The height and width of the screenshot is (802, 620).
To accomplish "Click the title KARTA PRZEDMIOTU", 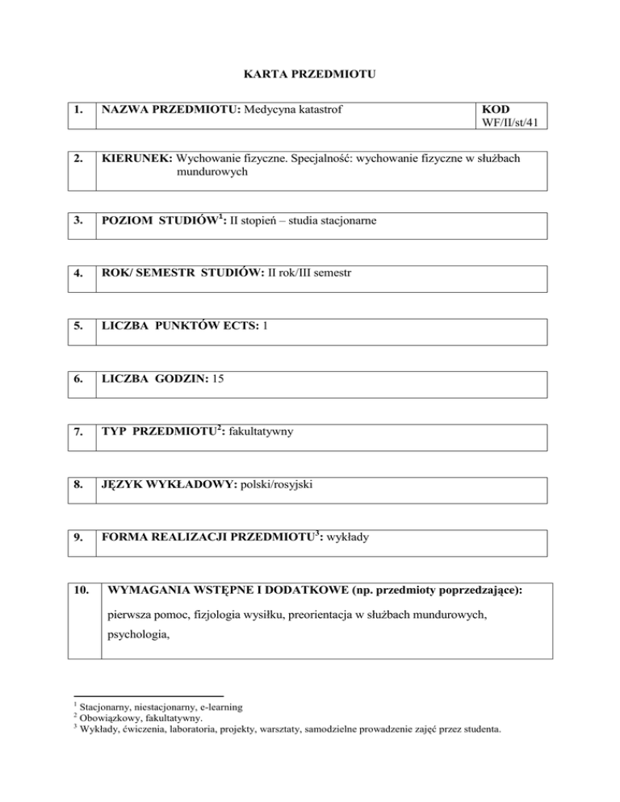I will [x=310, y=75].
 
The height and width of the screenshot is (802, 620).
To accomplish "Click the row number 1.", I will [x=79, y=109].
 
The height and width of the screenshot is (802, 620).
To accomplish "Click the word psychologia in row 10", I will [x=140, y=645].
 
